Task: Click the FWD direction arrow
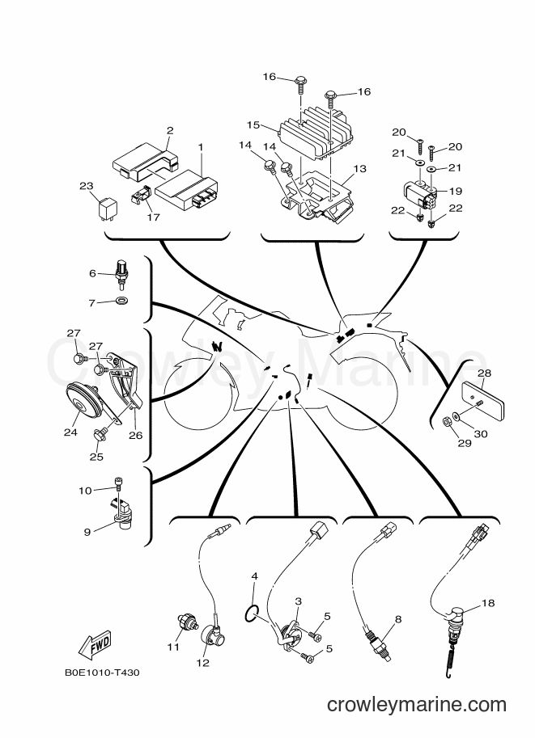click(94, 643)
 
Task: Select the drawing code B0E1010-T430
click(102, 673)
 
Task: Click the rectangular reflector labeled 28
click(482, 397)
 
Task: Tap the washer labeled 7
click(121, 300)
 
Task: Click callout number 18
click(488, 603)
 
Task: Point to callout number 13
click(359, 168)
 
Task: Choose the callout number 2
click(170, 130)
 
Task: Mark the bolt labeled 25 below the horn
click(100, 433)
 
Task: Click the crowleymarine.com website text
click(417, 705)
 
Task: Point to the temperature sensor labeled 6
click(122, 271)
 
